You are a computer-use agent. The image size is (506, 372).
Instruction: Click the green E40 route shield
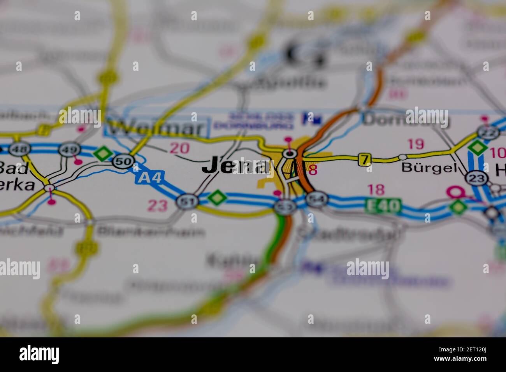click(383, 205)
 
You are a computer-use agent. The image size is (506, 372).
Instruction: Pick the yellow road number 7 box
click(364, 159)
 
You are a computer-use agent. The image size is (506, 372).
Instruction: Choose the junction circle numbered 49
click(70, 149)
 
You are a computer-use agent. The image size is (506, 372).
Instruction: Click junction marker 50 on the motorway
click(124, 160)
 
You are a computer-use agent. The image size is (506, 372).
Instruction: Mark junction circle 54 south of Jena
click(316, 199)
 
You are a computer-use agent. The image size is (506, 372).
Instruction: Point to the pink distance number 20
click(180, 148)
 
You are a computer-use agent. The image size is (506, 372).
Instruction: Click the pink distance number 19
click(415, 144)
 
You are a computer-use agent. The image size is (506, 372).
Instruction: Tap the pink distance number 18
click(376, 190)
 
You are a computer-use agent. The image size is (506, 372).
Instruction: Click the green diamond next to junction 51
click(217, 197)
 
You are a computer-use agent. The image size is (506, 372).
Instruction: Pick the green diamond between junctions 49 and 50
click(102, 153)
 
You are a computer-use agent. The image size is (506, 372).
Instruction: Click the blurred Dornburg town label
click(405, 119)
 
